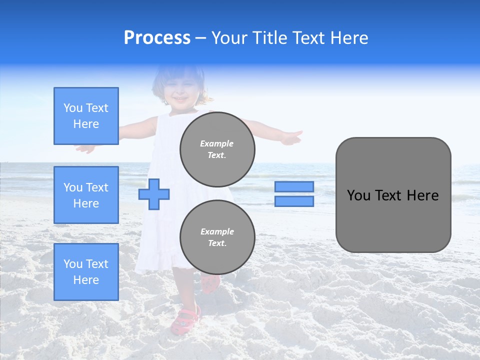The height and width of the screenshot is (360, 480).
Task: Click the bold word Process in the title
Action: [157, 38]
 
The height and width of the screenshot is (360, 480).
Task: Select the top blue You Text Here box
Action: [86, 116]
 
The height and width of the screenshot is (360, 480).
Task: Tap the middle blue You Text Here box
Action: [86, 195]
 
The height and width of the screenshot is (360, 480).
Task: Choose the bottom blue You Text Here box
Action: [86, 272]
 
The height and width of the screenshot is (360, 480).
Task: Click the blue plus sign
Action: [154, 194]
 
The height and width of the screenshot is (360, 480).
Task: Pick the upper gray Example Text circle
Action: [217, 149]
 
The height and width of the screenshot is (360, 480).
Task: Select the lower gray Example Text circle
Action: [217, 237]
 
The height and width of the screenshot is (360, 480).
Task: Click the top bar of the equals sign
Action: [294, 186]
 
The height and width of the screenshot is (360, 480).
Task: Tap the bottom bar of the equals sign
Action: [294, 201]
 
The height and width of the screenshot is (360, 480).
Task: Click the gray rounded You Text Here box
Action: [393, 195]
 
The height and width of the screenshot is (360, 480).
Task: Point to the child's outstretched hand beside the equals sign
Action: [290, 137]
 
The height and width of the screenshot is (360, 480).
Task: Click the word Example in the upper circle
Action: [217, 143]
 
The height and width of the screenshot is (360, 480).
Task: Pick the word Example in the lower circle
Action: [217, 231]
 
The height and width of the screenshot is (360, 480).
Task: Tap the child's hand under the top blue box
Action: [85, 148]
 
